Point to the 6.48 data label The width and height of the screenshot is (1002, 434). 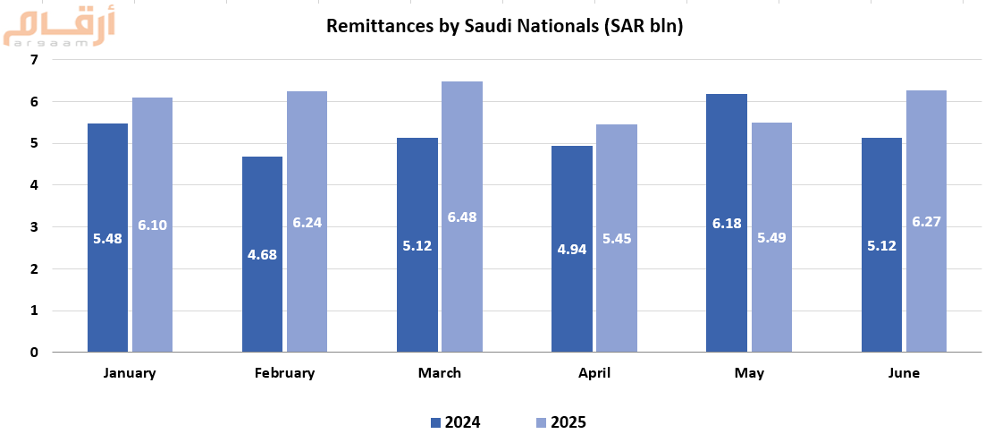click(462, 217)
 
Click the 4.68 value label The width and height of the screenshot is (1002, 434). click(262, 254)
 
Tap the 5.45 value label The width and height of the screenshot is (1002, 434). click(617, 239)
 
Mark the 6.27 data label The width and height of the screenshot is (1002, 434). click(926, 221)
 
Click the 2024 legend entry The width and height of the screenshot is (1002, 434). click(456, 422)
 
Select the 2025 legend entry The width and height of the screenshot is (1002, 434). click(560, 422)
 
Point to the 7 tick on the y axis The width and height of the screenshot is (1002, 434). click(34, 60)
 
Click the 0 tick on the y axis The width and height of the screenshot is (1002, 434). click(34, 353)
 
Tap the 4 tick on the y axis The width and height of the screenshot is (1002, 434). click(34, 185)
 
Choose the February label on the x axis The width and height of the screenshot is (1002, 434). click(284, 373)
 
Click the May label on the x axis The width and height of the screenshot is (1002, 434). click(749, 373)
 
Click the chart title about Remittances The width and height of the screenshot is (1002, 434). click(504, 26)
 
